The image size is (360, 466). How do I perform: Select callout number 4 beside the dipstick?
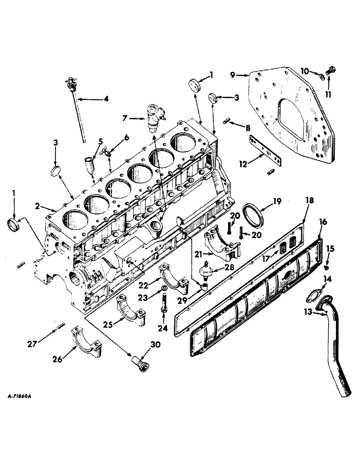[x=106, y=99]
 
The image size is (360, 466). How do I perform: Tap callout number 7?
[x=124, y=119]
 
